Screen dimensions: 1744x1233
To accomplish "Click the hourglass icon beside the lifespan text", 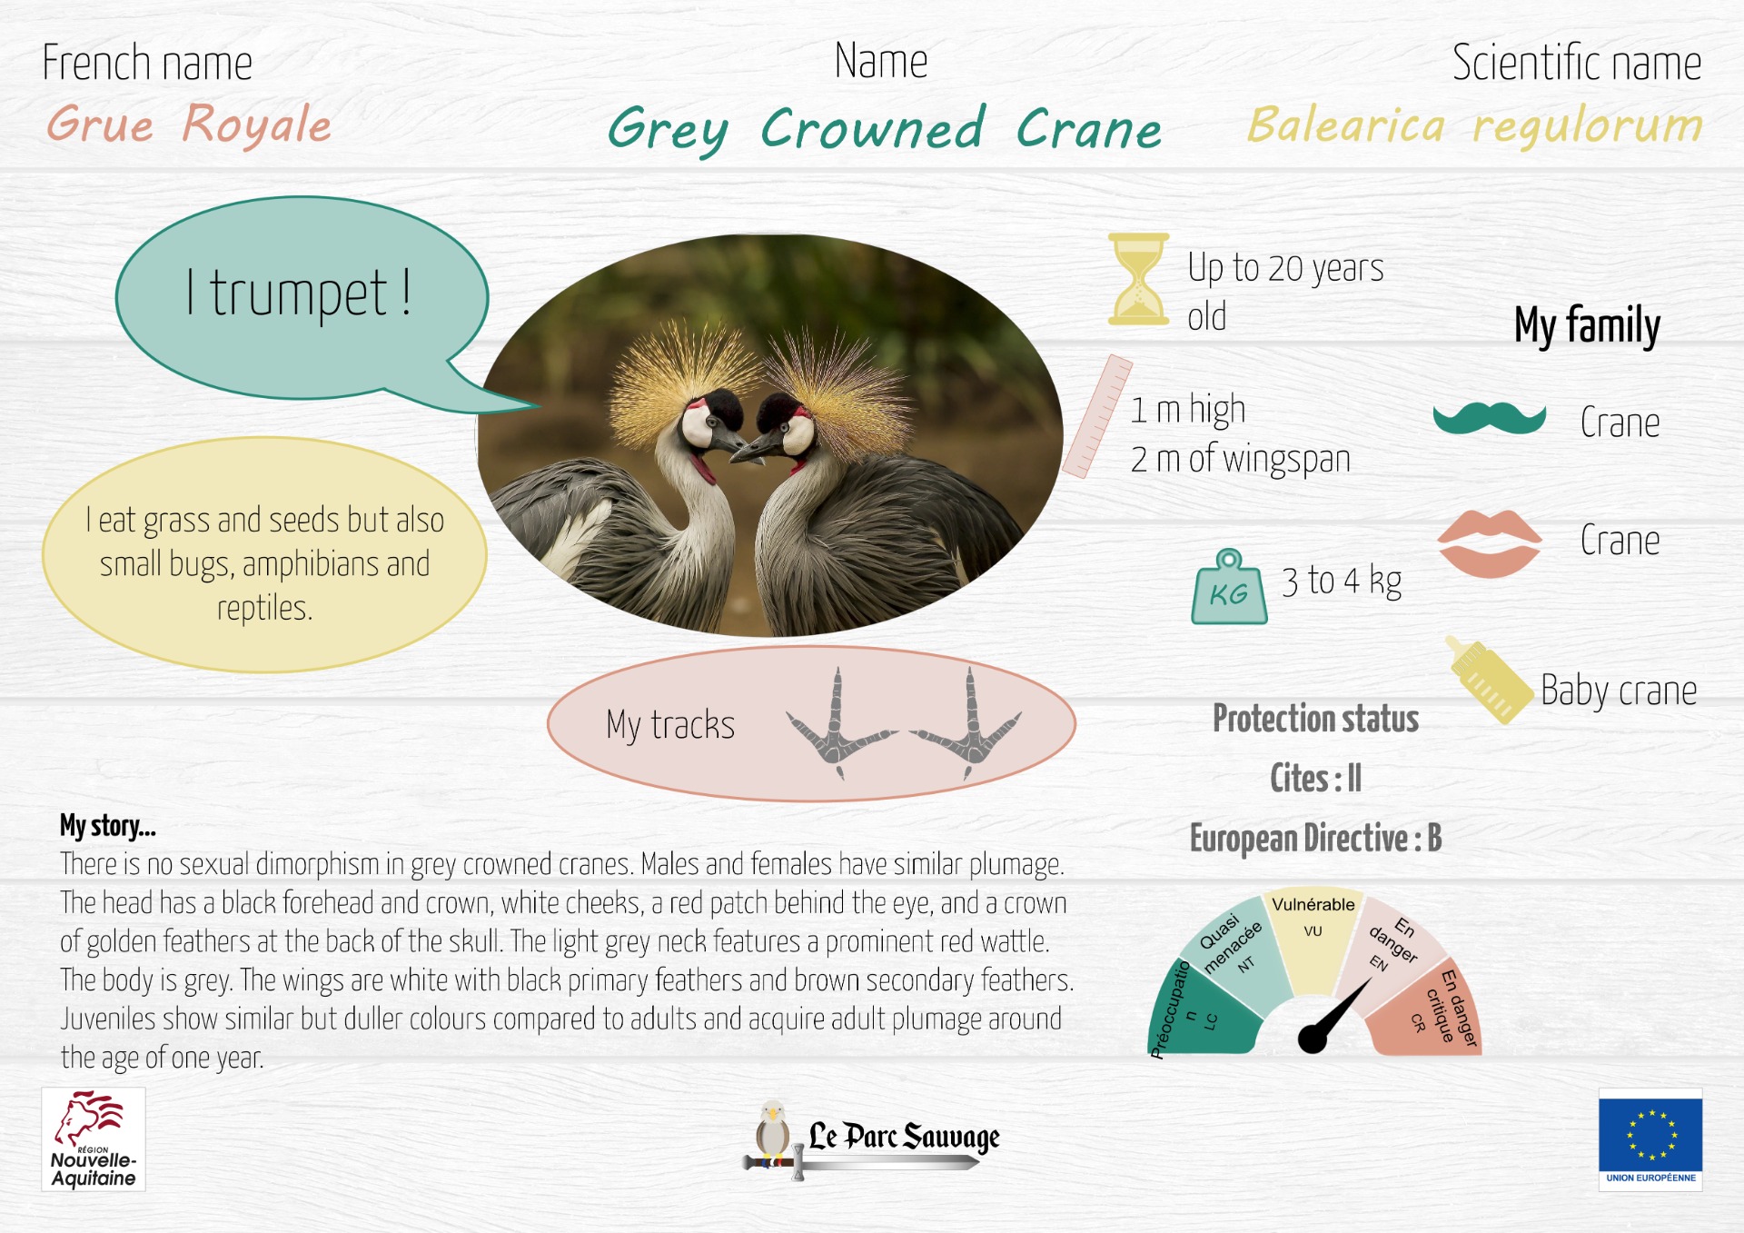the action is pos(1138,279).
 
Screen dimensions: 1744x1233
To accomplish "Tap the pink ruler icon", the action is pos(1097,416).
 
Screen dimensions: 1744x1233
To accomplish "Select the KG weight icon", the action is pos(1229,587).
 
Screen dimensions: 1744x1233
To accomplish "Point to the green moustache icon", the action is pos(1490,418).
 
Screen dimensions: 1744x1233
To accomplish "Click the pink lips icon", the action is pos(1490,543).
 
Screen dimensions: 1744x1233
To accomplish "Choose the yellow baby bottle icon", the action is pos(1489,680).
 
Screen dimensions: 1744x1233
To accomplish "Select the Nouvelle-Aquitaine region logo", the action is pos(94,1139).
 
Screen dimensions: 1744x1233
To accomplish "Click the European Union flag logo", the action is pos(1650,1139).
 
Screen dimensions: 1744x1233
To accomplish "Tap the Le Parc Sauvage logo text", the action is pos(904,1136).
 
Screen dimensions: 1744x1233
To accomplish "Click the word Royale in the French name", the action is pos(257,124).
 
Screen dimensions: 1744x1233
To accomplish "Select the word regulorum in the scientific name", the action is pos(1588,125).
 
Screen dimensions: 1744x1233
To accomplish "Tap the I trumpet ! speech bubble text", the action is pos(299,293).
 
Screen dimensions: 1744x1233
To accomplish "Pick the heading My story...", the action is pos(108,826).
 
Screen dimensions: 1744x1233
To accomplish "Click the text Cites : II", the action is pos(1315,778).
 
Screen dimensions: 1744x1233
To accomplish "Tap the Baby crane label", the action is pos(1619,691).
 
